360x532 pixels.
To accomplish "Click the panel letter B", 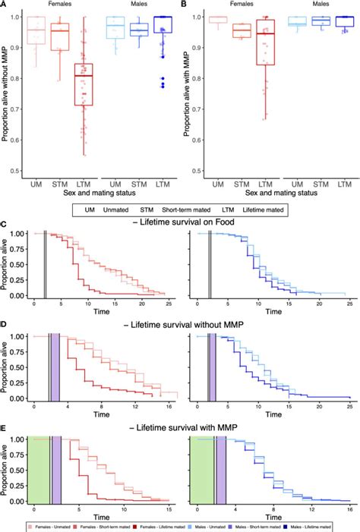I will pos(185,5).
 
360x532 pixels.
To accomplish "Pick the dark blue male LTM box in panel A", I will pos(163,24).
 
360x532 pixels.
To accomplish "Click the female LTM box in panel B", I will pos(265,42).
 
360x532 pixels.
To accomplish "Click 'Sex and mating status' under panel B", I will pos(265,196).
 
